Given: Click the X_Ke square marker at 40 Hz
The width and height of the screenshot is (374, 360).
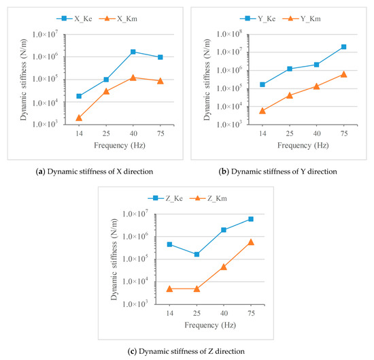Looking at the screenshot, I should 133,52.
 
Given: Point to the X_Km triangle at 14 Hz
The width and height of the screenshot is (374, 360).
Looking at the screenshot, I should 79,118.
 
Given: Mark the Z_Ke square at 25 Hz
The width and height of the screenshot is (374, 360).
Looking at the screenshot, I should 197,255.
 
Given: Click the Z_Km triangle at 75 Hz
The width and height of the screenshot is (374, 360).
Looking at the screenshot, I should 251,242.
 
